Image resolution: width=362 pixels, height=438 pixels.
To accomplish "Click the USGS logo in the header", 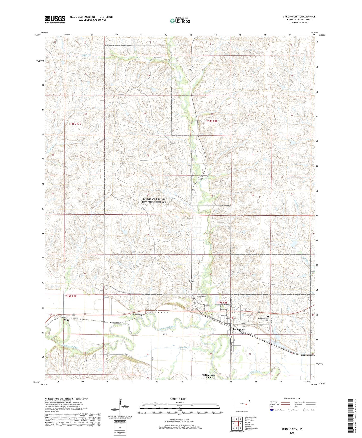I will pos(55,19).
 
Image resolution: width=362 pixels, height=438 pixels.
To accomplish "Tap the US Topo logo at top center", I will pos(180,21).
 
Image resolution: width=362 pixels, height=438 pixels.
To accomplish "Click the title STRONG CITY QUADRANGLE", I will pos(299,17).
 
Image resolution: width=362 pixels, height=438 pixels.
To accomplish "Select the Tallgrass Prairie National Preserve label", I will pos(154,201).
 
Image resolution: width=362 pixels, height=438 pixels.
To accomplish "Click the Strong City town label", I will pos(238,330).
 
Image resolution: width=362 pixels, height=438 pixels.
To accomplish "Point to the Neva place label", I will pos(66,320).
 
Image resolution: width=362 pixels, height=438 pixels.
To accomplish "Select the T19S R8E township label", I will pos(222,303).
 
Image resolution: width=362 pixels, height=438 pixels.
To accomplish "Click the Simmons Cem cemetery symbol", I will pos(131,314).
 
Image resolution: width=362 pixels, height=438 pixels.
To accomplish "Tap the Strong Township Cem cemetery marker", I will pos(268,317).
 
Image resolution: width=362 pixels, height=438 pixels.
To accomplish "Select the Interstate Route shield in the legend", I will pos(272,410).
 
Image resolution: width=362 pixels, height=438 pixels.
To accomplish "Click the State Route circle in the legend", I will pos(304,410).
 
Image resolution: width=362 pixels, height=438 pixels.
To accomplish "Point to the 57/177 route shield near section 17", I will pos(191,68).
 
